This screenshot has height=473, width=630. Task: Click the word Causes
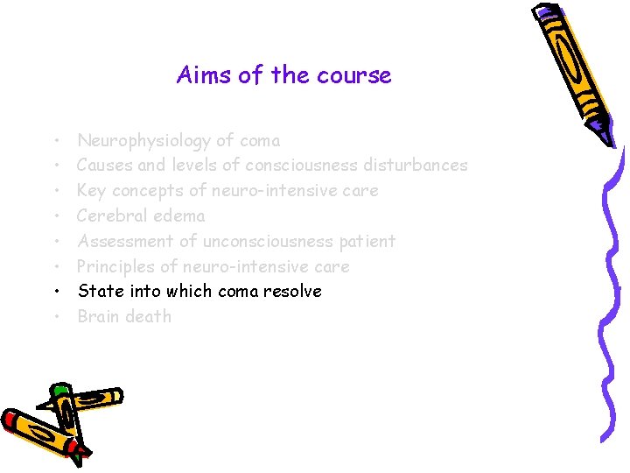click(x=103, y=165)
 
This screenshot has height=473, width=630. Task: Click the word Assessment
click(x=126, y=241)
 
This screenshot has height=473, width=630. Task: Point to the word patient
click(x=367, y=241)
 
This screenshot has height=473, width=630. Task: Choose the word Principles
click(x=115, y=266)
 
